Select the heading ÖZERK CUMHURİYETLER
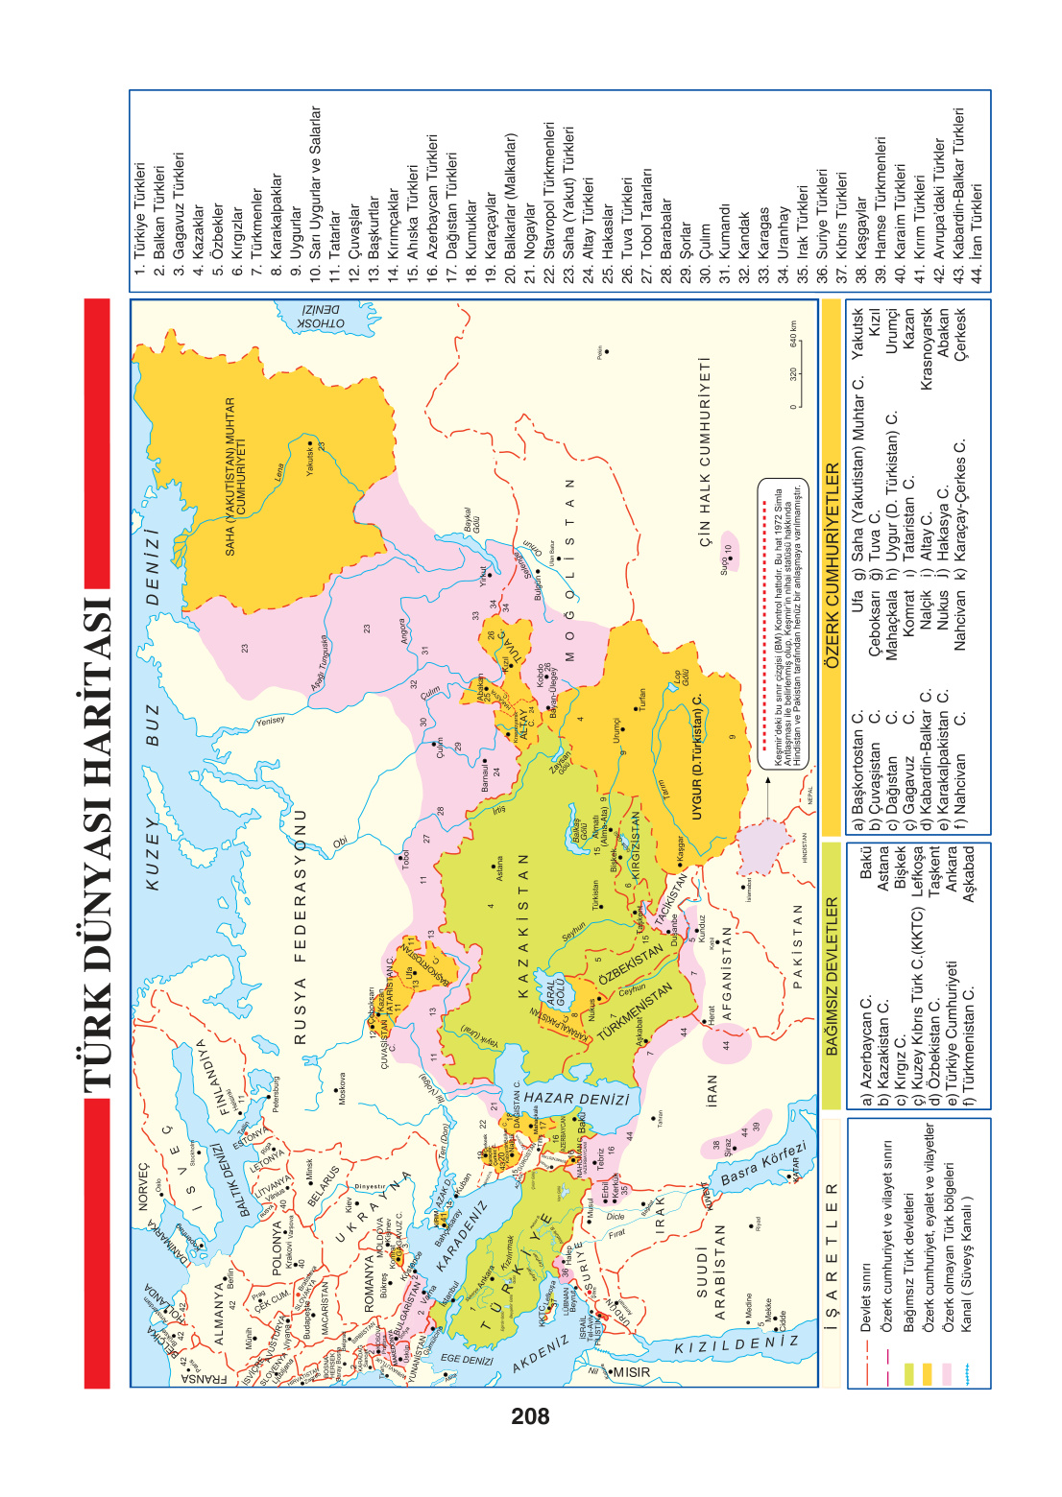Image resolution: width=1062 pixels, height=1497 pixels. pyautogui.click(x=832, y=565)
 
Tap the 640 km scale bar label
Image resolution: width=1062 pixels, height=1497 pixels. pyautogui.click(x=793, y=335)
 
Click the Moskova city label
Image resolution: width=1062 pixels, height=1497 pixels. pyautogui.click(x=342, y=1088)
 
